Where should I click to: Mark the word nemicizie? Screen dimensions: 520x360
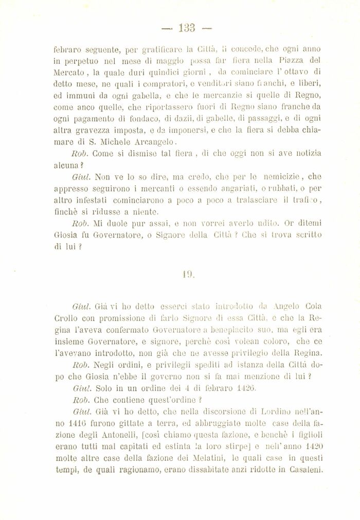point(283,187)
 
